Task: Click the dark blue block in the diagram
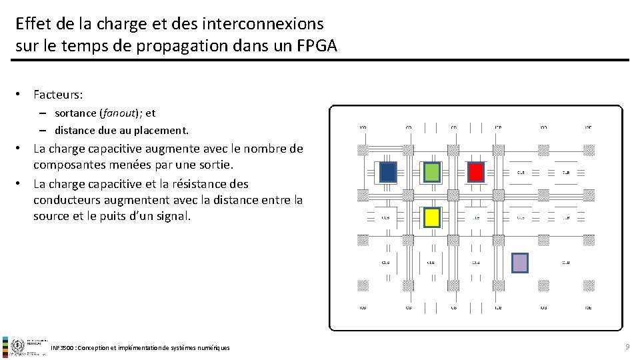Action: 388,173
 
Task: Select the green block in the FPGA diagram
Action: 432,173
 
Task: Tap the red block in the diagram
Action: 475,173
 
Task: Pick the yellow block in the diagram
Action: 432,217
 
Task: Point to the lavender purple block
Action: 519,263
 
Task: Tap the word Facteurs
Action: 58,95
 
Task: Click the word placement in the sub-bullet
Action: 163,130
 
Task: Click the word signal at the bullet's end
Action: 171,216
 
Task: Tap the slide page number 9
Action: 627,347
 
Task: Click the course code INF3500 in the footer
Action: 62,348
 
